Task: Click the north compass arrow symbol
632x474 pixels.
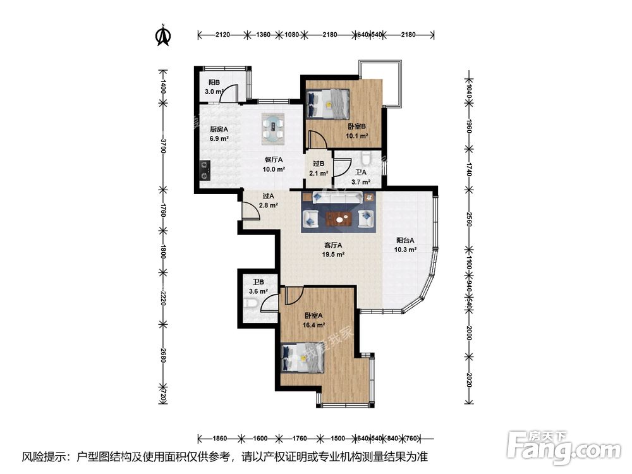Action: [163, 36]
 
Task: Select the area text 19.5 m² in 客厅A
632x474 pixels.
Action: [333, 255]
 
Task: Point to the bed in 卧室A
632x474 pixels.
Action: [302, 358]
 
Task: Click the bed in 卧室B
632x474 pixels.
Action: [327, 103]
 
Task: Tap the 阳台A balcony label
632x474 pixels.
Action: [405, 240]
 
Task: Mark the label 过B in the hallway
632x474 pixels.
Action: [318, 164]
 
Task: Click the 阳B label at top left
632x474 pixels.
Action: [214, 82]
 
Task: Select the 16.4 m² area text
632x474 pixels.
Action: [314, 325]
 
